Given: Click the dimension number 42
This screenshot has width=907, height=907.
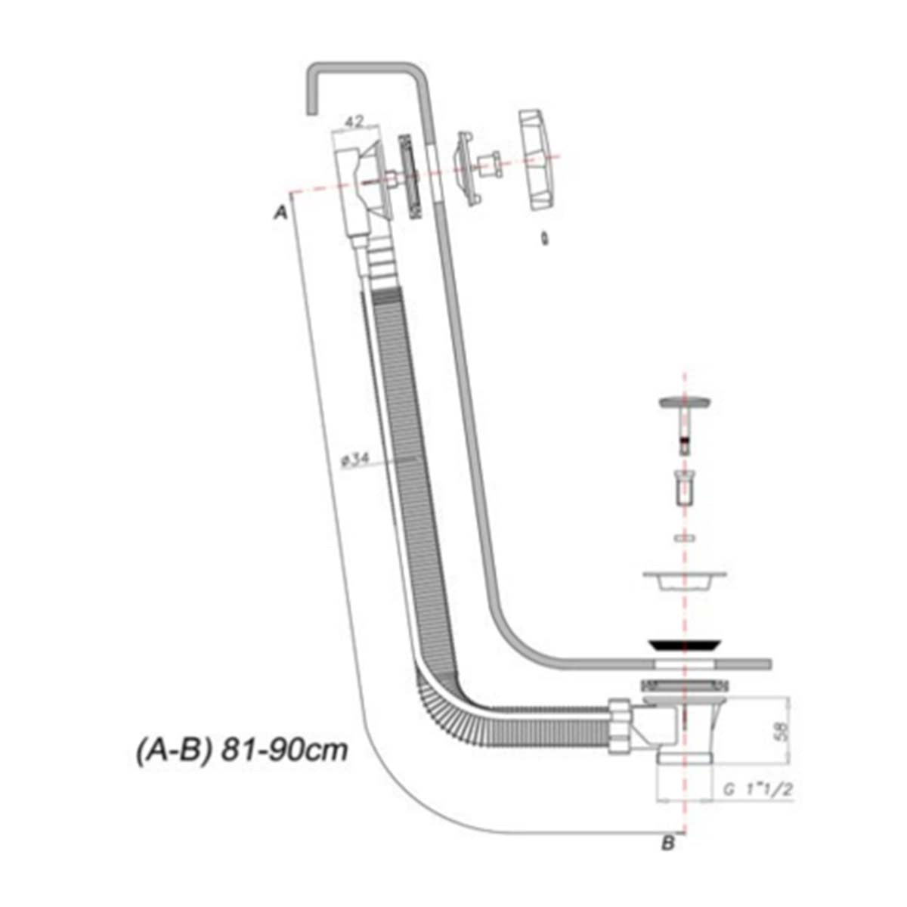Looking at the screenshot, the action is click(354, 122).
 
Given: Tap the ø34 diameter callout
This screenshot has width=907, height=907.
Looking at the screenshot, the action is click(355, 460).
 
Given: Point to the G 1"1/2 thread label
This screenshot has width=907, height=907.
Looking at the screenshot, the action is click(758, 789).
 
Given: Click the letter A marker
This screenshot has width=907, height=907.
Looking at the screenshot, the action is click(281, 213).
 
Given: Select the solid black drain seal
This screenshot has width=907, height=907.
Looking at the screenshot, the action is click(684, 645).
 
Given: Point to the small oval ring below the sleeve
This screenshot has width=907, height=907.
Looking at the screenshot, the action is click(684, 537).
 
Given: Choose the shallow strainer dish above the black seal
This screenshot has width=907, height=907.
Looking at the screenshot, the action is click(684, 580).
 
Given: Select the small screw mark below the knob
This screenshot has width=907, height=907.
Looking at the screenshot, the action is click(544, 239).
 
